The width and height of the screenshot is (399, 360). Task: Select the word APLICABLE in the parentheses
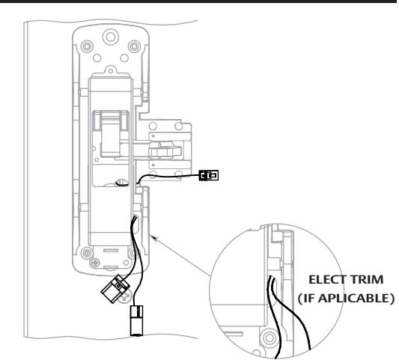[354, 298]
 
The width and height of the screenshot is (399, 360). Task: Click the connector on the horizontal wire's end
[209, 175]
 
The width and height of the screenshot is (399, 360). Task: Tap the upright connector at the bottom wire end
[137, 321]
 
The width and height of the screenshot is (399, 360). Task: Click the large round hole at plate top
[111, 37]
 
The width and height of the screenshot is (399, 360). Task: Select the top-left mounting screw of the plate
[87, 46]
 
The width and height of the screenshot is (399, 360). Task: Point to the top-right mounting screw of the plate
[134, 46]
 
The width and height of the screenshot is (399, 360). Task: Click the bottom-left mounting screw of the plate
[87, 253]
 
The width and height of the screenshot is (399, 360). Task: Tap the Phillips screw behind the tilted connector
[125, 296]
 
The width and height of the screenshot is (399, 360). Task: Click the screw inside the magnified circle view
[269, 338]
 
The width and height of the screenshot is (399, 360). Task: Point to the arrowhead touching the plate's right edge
[153, 238]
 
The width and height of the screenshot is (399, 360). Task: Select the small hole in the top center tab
[111, 70]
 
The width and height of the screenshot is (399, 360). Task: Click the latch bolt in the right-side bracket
[165, 152]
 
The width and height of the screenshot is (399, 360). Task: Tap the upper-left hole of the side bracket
[153, 126]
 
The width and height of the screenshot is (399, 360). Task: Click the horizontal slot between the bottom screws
[111, 250]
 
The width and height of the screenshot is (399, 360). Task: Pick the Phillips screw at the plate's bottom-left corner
[95, 262]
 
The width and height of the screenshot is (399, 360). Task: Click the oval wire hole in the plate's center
[121, 183]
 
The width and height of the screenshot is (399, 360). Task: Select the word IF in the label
[309, 298]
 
